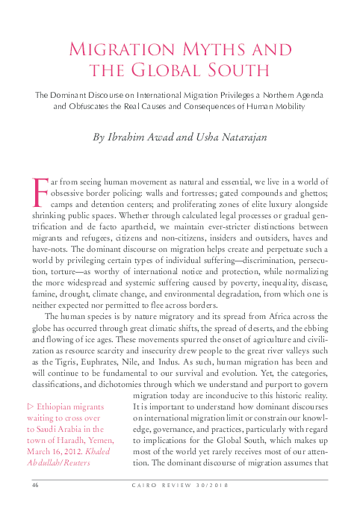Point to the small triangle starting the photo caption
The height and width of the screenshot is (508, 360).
coord(30,406)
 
